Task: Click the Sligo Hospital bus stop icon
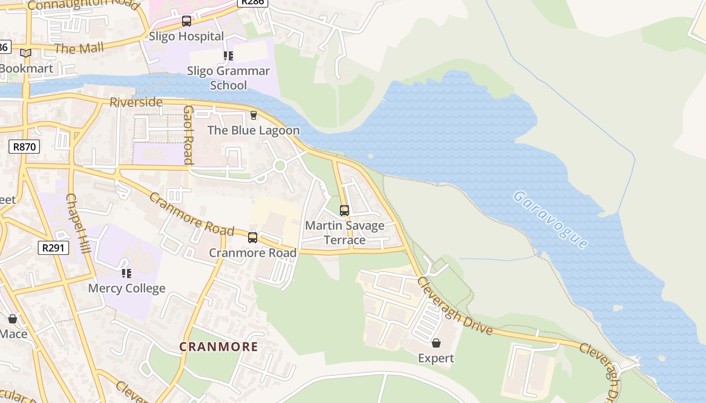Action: tap(187, 21)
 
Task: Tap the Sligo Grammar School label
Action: tap(228, 78)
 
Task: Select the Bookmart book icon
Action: tap(26, 53)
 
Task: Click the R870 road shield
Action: tap(24, 147)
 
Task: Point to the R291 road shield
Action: tap(53, 247)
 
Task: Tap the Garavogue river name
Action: tap(551, 219)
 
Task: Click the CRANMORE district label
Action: tap(219, 347)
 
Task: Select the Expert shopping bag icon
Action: tap(436, 343)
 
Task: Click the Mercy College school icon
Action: tap(127, 274)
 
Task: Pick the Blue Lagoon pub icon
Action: tap(254, 115)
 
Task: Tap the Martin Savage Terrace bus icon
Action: tap(344, 210)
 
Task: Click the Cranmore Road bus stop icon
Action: tap(253, 237)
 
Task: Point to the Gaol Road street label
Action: tap(189, 135)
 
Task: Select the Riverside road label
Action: tap(136, 102)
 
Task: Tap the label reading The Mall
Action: tap(79, 48)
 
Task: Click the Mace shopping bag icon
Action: tap(13, 319)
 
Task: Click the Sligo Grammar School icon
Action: tap(228, 55)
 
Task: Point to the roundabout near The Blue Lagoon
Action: tap(280, 165)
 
